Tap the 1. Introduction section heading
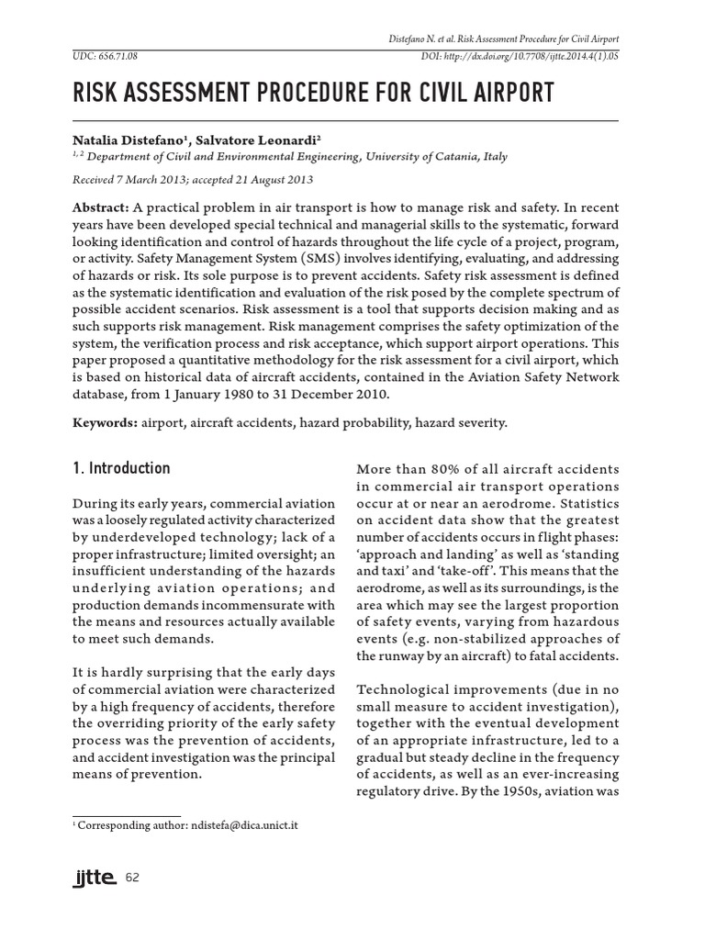pyautogui.click(x=121, y=468)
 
